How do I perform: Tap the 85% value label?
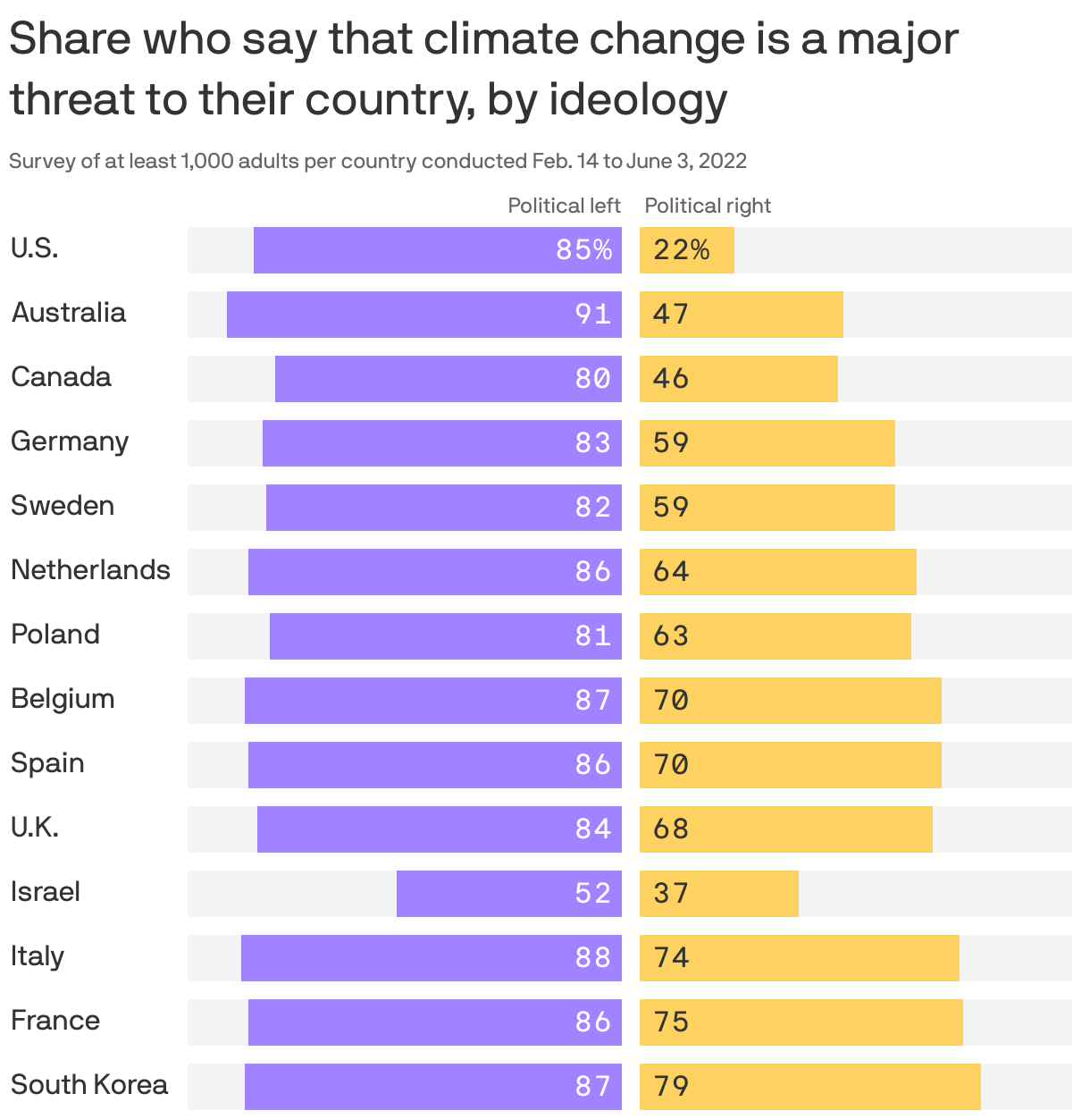click(584, 250)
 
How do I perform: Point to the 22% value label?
click(681, 250)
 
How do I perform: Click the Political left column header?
click(564, 206)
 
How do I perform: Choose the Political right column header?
click(708, 206)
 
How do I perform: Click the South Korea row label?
click(89, 1084)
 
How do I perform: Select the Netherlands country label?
click(90, 569)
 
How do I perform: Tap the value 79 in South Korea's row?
click(671, 1086)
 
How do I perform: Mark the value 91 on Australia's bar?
click(593, 315)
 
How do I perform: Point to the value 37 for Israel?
click(671, 893)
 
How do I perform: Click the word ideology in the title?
click(638, 99)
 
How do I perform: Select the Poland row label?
click(55, 634)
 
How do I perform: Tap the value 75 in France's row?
click(671, 1022)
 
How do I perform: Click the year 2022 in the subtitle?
click(722, 161)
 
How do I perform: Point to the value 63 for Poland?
click(671, 635)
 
